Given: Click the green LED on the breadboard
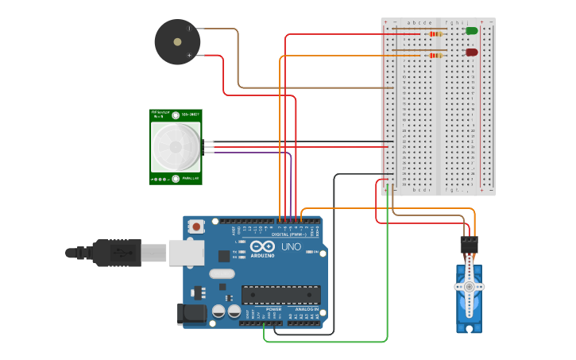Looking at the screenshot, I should tap(471, 31).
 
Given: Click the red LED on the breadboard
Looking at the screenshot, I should tap(471, 52).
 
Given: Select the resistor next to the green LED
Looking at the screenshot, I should tap(435, 34).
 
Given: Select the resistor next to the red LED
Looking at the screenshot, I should tap(435, 56).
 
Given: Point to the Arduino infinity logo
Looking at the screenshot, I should tap(258, 247).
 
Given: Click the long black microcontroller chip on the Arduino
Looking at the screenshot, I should tap(281, 294).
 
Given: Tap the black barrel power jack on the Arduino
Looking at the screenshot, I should tap(193, 314).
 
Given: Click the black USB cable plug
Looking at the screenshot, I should tap(119, 253).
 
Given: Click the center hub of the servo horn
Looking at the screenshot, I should tap(469, 286).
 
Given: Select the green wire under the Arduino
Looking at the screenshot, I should tap(334, 342).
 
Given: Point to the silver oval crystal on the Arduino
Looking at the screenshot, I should tap(222, 274).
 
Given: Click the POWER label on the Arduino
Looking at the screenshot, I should tap(273, 308).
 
